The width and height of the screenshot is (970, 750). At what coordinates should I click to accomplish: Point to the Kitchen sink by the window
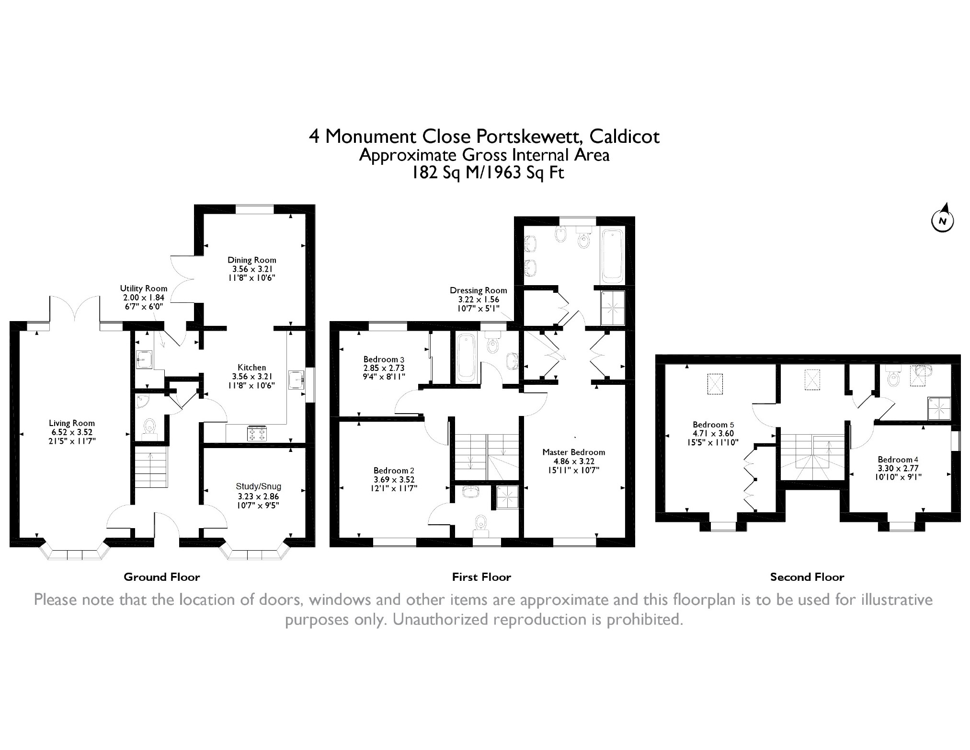click(x=296, y=381)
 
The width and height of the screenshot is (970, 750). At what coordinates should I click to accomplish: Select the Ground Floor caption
click(x=162, y=577)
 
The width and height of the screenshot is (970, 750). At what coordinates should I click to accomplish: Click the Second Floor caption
click(x=807, y=577)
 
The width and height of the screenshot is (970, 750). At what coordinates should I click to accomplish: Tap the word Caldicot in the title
click(x=624, y=137)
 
